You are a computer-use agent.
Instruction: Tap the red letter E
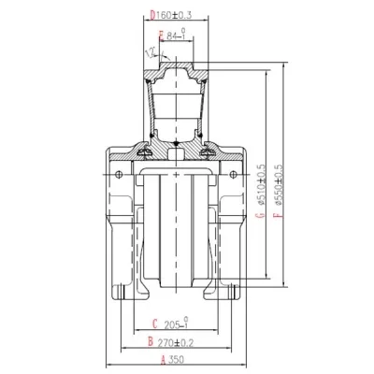point(162,36)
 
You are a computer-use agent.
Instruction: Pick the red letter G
point(256,217)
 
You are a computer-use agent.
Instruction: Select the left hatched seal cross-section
point(147,149)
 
